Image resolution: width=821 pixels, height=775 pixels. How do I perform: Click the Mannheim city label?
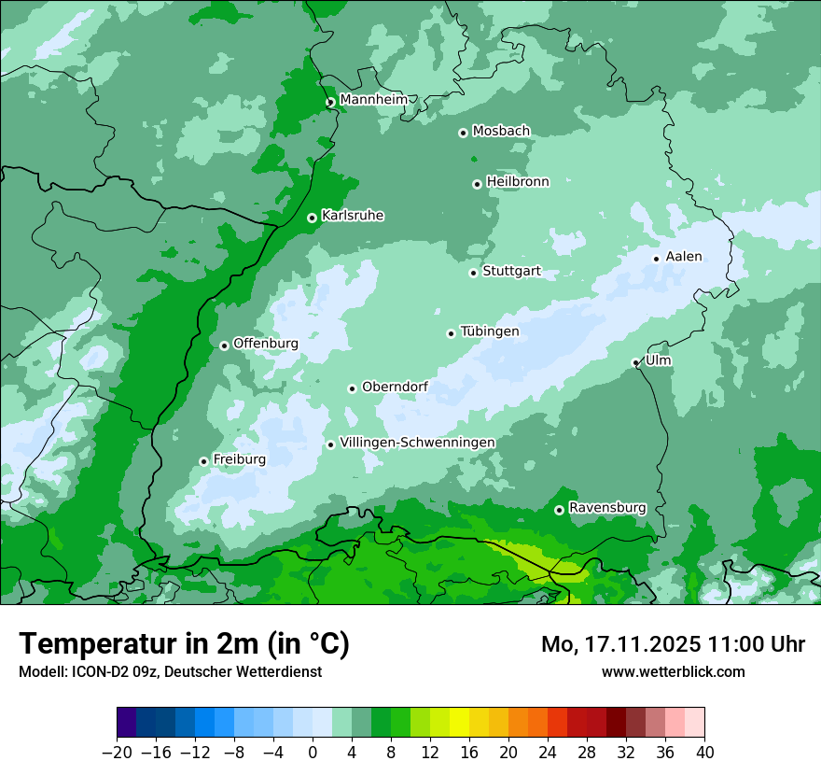click(373, 100)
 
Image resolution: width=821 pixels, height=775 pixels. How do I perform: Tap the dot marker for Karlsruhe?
click(312, 218)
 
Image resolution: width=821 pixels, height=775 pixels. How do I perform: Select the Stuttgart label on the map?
click(511, 272)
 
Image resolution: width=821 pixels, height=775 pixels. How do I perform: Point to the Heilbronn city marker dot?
click(477, 184)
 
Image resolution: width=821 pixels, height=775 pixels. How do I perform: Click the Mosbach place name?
click(501, 132)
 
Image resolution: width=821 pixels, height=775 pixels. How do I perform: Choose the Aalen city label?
click(684, 257)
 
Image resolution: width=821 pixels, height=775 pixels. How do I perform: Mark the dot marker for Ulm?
click(635, 362)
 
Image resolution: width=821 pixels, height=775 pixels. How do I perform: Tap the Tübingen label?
click(490, 331)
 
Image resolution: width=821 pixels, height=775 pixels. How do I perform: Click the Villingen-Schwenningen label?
click(418, 443)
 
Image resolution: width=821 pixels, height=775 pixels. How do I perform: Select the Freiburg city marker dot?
click(203, 461)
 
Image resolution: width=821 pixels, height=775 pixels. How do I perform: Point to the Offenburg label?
click(266, 344)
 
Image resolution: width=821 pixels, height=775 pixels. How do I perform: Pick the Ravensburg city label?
click(607, 508)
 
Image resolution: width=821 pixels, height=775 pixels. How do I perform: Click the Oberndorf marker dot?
click(352, 388)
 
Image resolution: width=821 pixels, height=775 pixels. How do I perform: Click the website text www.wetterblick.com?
click(673, 672)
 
